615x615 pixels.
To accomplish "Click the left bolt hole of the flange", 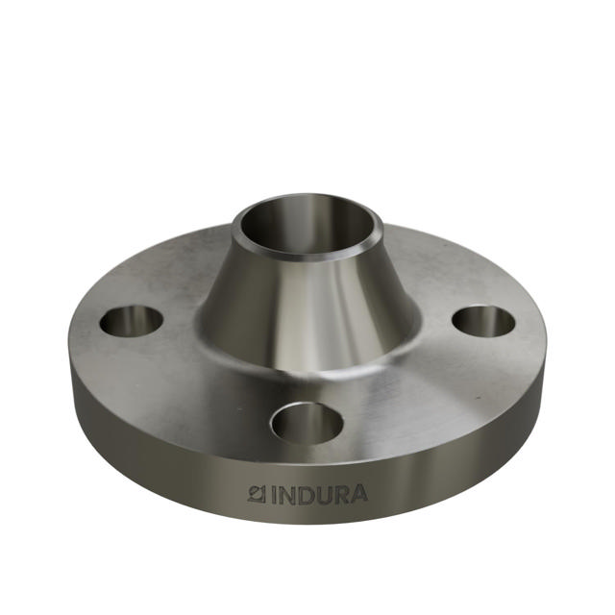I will coord(131,321).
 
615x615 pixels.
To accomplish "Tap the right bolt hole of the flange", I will coord(483,321).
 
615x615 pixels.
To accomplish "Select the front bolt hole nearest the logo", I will coord(307,423).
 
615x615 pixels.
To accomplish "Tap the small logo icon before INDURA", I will coord(257,495).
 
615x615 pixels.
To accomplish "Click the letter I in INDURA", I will coord(272,496).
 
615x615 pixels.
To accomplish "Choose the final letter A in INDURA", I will coord(357,496).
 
